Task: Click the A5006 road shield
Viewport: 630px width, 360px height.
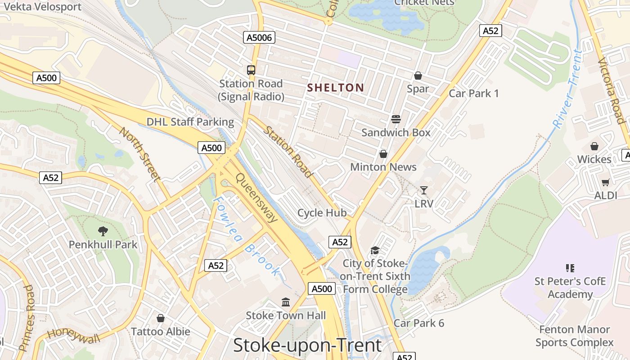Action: (259, 37)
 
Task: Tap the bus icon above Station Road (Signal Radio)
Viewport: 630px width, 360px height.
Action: (251, 70)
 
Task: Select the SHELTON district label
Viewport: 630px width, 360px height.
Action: (335, 88)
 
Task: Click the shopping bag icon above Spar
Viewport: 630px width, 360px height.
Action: (418, 76)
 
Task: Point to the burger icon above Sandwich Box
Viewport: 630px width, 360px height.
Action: (396, 119)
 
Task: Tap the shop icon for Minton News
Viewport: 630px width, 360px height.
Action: (383, 154)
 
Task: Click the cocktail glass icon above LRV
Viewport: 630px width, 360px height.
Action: (423, 190)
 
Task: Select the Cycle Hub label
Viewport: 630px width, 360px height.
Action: (322, 212)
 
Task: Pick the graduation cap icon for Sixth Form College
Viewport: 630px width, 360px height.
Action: (375, 250)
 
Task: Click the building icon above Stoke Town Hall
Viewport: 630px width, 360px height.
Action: (286, 302)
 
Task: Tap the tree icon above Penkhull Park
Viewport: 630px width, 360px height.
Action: (103, 231)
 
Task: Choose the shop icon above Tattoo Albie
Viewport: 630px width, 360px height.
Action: (161, 318)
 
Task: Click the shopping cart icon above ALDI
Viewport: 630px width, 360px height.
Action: (605, 182)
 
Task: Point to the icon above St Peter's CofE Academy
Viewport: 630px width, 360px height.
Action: (570, 268)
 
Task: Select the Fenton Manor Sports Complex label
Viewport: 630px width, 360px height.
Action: (574, 336)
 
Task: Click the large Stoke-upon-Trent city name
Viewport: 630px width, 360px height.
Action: (307, 346)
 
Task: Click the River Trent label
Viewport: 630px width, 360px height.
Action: (568, 89)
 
